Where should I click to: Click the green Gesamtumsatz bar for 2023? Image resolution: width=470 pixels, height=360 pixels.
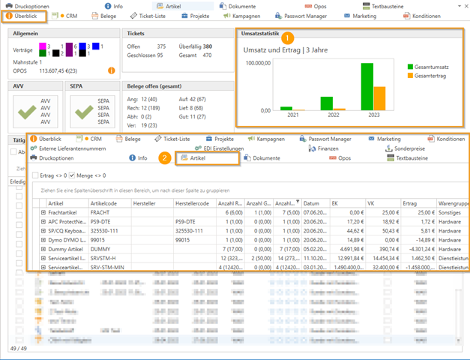[367, 86]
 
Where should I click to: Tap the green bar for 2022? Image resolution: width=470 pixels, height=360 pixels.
[326, 103]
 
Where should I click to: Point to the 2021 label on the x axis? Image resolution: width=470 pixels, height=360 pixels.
[292, 116]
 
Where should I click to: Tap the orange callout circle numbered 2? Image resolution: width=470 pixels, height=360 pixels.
[164, 157]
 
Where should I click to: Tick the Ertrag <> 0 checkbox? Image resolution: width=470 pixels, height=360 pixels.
[36, 175]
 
